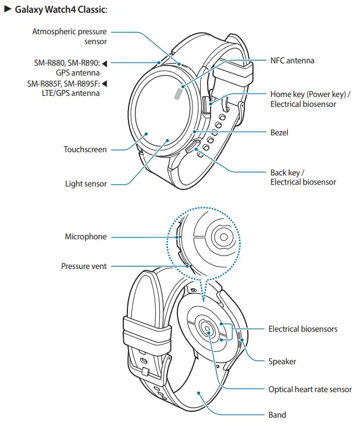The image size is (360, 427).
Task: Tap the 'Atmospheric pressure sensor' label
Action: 70,36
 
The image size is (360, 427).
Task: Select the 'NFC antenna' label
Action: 292,60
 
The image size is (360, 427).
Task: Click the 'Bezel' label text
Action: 279,132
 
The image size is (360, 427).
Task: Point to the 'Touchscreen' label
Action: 85,150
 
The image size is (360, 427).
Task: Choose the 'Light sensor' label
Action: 85,184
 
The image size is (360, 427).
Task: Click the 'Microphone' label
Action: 85,236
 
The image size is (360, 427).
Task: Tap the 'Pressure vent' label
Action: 84,266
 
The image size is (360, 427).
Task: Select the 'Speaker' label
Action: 282,361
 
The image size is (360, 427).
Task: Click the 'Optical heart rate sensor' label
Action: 310,389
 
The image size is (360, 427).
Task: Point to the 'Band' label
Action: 277,415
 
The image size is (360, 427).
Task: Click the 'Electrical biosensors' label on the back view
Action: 302,329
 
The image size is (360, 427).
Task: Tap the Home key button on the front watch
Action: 206,105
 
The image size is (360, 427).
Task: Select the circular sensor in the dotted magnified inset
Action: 223,235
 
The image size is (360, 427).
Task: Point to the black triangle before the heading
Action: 8,10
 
